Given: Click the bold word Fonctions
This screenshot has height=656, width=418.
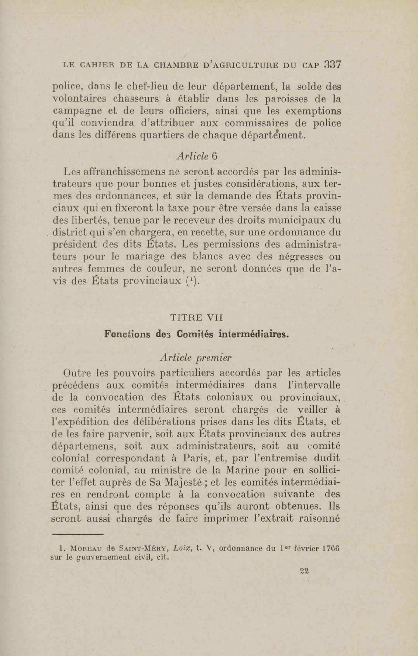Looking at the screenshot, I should pyautogui.click(x=127, y=334).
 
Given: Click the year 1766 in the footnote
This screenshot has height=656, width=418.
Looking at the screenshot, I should pyautogui.click(x=330, y=548).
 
